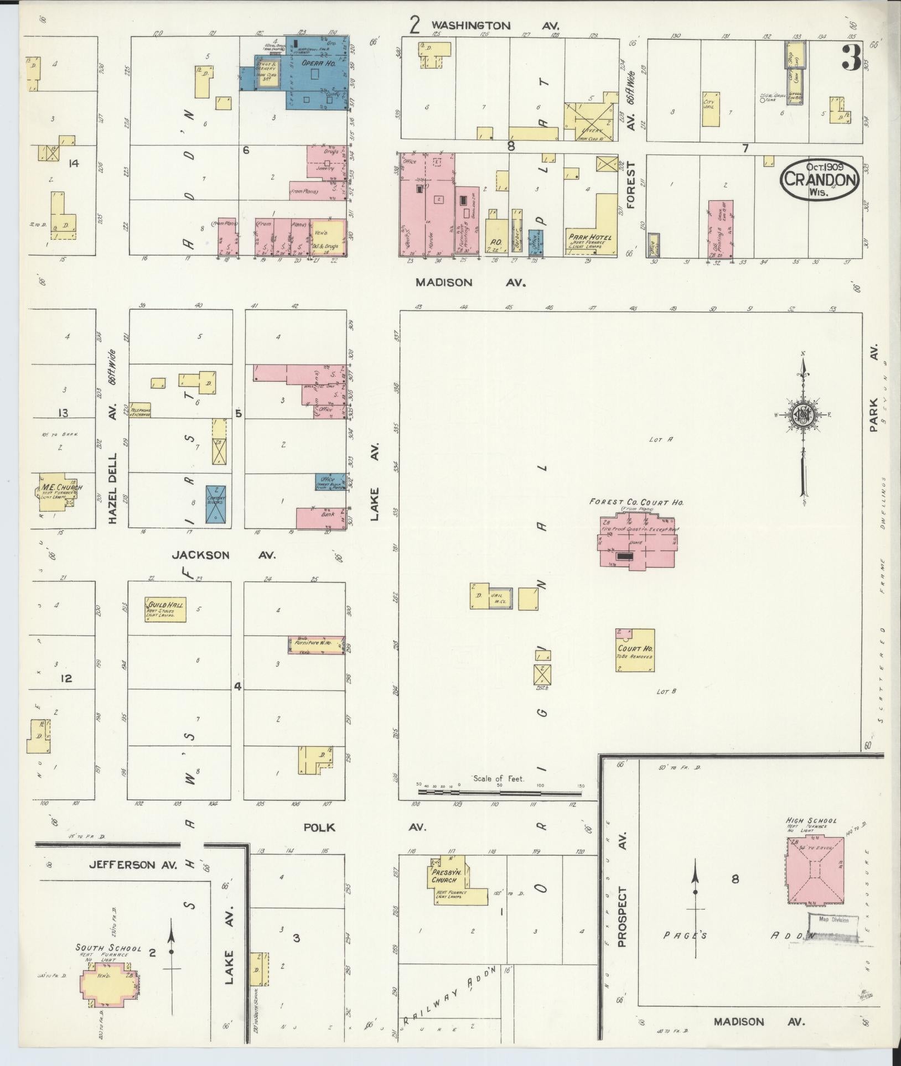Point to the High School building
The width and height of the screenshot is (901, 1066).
[x=816, y=880]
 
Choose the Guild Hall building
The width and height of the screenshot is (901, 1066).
[x=164, y=610]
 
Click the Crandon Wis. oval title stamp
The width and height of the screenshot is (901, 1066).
[x=820, y=180]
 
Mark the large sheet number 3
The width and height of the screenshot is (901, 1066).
[x=851, y=58]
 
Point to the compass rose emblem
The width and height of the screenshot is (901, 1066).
[x=803, y=415]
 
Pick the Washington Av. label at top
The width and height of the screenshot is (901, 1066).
[x=495, y=25]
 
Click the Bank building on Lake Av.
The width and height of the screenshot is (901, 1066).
[x=321, y=518]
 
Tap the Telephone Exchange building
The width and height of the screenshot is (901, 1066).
[x=140, y=410]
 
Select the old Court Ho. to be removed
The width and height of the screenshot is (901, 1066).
[x=635, y=651]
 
